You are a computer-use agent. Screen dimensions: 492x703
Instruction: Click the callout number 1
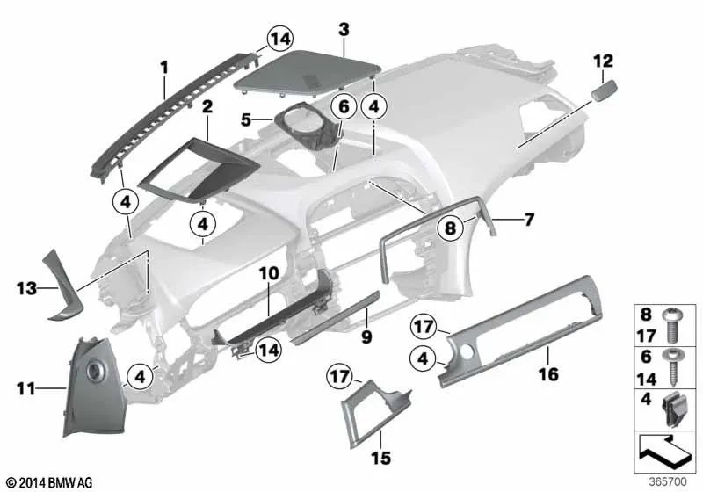tap(163, 66)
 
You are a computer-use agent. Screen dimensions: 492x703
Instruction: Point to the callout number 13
tap(26, 286)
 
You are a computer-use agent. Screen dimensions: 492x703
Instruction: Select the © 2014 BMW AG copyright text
tap(48, 482)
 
